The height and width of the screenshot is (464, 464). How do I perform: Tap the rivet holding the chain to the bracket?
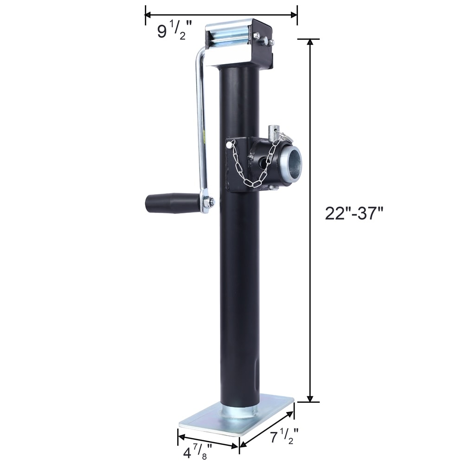tap(229, 145)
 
